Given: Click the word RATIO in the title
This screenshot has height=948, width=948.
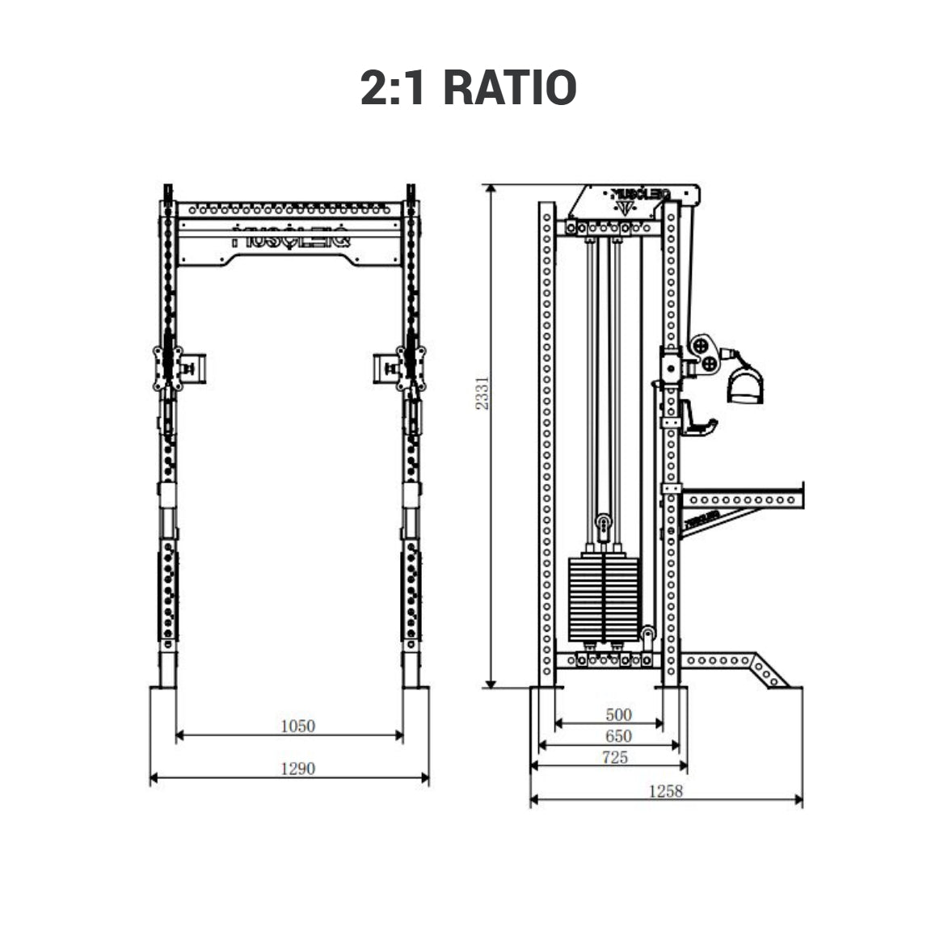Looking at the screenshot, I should (x=510, y=88).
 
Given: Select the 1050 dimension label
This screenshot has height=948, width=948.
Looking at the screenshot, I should (x=297, y=726).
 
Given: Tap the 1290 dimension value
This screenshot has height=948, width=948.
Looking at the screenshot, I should (x=297, y=769).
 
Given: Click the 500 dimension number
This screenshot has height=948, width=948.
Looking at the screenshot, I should (x=618, y=714).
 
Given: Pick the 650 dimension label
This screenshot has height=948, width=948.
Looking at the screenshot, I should (x=618, y=736).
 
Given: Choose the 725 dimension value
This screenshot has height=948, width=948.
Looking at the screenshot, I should (x=615, y=758).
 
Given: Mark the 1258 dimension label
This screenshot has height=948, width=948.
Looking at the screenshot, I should (x=665, y=791).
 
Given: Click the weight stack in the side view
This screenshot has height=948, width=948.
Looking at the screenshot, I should (x=605, y=598).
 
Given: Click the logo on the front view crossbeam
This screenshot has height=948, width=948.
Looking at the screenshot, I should (x=290, y=240).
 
